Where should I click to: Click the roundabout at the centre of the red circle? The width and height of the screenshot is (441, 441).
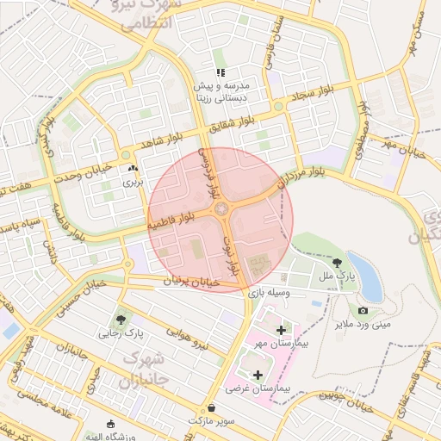coord(220,208)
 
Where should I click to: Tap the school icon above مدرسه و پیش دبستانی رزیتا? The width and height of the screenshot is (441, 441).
coord(220,73)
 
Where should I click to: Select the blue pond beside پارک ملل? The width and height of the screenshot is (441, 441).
coord(365,275)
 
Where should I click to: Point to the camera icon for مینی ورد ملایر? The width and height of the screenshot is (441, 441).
coord(363,310)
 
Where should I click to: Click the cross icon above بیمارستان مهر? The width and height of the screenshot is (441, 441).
coord(282,330)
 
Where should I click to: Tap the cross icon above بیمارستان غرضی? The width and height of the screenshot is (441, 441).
coord(258,375)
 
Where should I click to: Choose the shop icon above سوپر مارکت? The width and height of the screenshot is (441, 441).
coord(211,407)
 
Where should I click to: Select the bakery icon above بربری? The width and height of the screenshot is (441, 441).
coord(132,169)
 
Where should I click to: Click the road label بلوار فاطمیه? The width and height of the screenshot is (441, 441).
coord(175,221)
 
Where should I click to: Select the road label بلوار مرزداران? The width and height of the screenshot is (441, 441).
coord(304,176)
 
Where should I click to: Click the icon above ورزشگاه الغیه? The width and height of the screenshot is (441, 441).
coord(110,423)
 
